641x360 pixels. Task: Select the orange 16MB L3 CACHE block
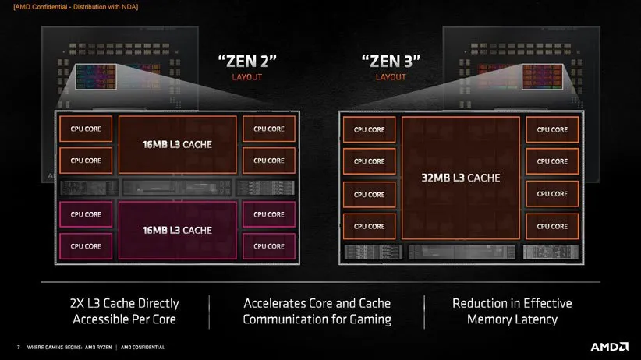point(176,144)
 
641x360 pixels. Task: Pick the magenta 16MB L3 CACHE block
point(176,230)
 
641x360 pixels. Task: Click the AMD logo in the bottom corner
point(609,346)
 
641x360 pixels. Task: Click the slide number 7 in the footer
point(17,347)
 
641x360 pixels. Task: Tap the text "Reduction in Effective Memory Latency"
point(512,311)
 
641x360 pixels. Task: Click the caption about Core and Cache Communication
point(317,311)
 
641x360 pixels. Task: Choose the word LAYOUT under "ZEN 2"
point(246,77)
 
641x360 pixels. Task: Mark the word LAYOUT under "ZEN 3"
point(391,77)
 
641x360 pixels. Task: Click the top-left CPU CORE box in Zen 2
point(86,129)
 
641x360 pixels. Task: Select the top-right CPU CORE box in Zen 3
point(552,130)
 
